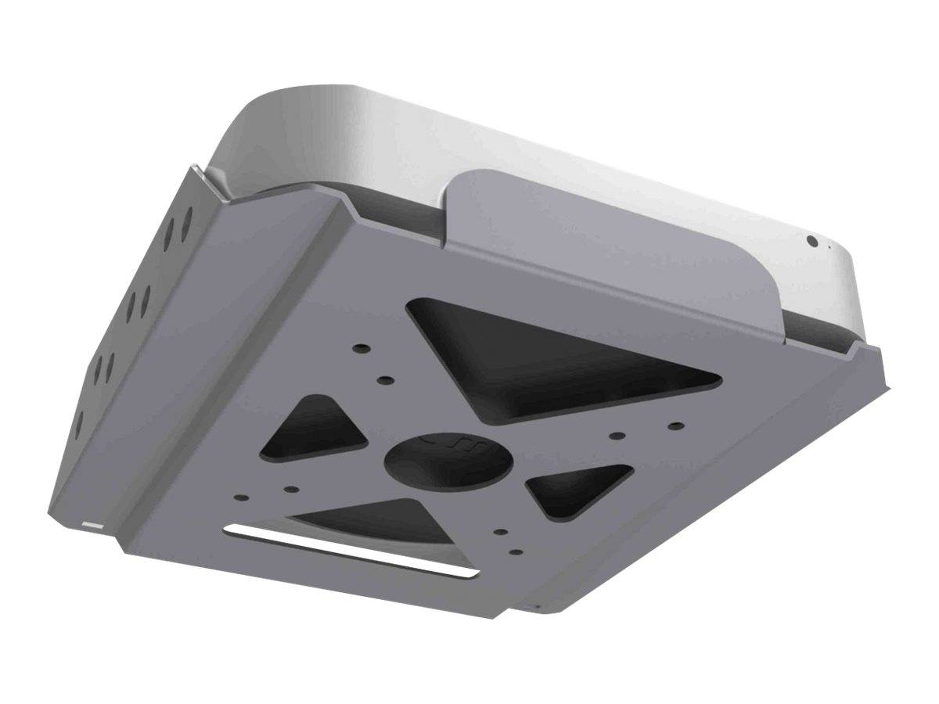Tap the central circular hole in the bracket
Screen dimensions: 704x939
tap(449, 462)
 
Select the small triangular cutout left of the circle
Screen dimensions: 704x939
tap(313, 430)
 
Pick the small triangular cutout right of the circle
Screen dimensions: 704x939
tap(577, 489)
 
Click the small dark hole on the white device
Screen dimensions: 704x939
tap(812, 242)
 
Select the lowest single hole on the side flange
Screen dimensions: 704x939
tap(78, 422)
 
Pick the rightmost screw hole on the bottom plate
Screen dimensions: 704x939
tap(677, 426)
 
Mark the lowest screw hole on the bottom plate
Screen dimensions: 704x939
tap(515, 552)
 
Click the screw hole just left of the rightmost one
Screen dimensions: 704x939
tap(617, 436)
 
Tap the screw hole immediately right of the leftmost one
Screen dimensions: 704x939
tap(290, 490)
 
